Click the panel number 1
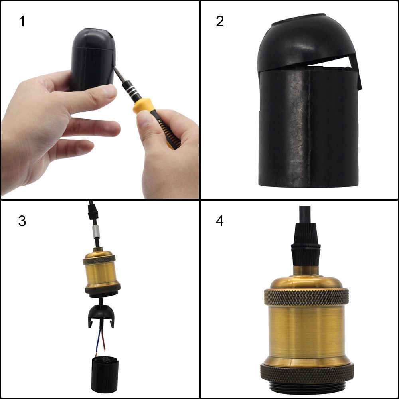pos(22,21)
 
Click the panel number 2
pos(220,21)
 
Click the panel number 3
pos(22,221)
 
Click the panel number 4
pos(220,221)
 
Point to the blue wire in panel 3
pos(98,341)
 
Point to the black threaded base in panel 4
pos(307,389)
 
